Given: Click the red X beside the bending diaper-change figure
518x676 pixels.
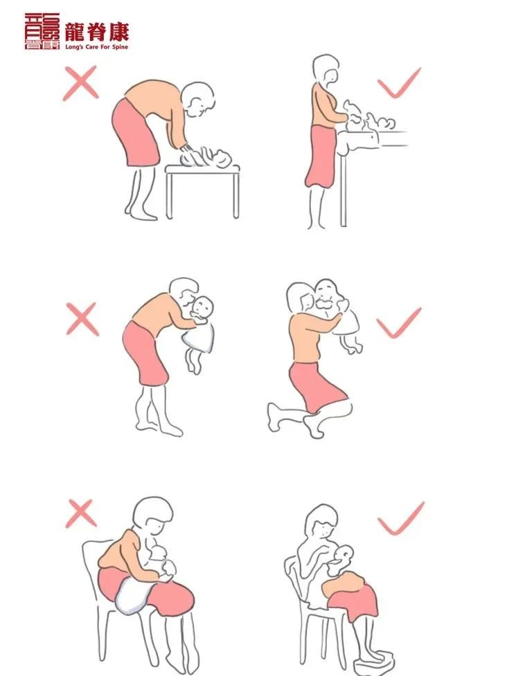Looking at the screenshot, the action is [81, 84].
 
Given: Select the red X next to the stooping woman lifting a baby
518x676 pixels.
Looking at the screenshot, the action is [82, 319].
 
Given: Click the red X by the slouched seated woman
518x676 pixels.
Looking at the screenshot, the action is [81, 513].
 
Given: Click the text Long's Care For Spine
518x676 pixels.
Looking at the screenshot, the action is [97, 46].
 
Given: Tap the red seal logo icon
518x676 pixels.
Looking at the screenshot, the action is [42, 31].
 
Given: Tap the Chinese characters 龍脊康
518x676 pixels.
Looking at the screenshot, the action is [97, 33].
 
